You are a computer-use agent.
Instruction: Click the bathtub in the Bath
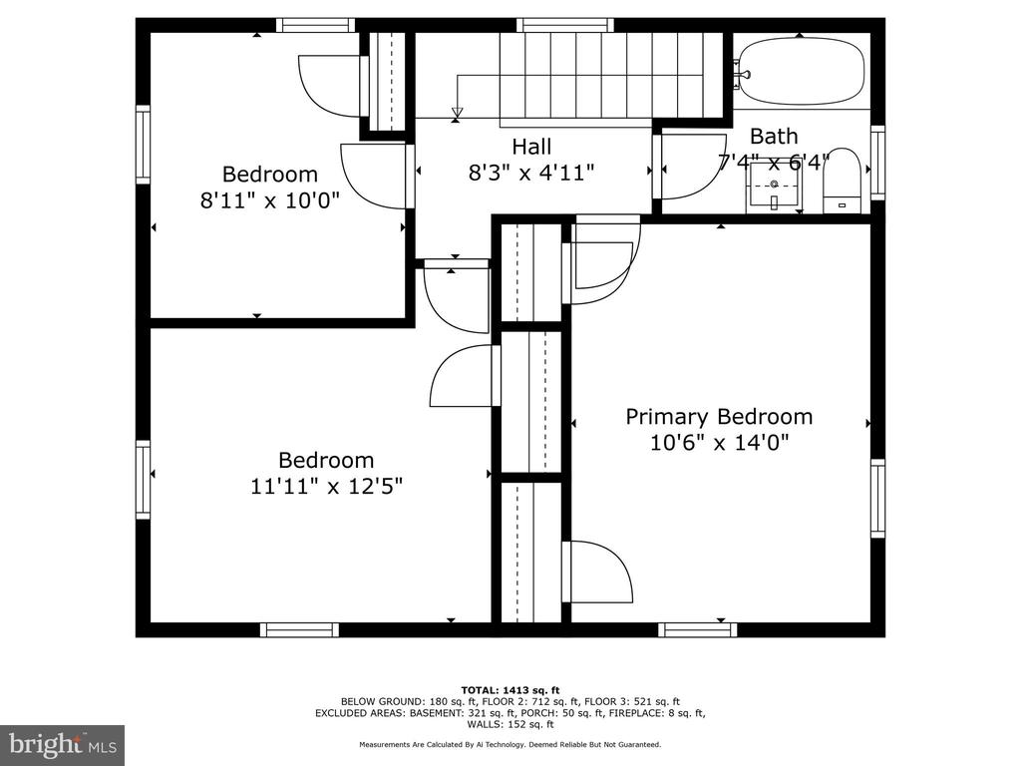[x=803, y=71]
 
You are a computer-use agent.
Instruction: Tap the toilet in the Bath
[x=842, y=181]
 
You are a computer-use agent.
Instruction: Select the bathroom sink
[x=774, y=187]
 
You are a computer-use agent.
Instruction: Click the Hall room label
[x=531, y=147]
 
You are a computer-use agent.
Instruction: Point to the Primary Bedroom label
[x=719, y=417]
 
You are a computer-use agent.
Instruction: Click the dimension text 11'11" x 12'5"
[x=327, y=486]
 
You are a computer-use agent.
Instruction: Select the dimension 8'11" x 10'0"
[x=270, y=199]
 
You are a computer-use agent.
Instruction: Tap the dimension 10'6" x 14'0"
[x=719, y=443]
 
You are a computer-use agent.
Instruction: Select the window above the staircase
[x=565, y=25]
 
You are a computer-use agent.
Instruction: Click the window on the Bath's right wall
[x=877, y=163]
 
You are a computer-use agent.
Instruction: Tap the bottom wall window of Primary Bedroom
[x=697, y=630]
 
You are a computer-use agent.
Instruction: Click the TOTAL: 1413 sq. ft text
[x=510, y=690]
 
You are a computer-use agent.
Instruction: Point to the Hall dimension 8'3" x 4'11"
[x=531, y=173]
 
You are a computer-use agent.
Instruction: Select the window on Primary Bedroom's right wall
[x=877, y=499]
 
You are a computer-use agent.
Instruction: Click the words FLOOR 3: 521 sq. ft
[x=632, y=701]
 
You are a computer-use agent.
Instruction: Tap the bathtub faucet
[x=740, y=72]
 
